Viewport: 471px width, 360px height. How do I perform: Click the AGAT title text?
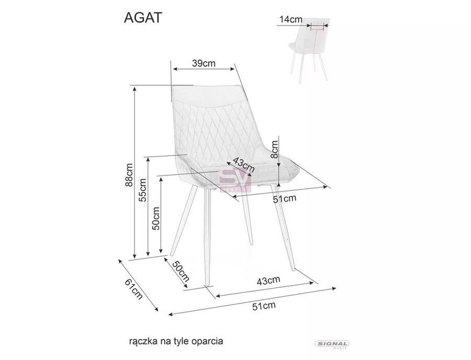143,18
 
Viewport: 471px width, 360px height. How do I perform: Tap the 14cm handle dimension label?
290,19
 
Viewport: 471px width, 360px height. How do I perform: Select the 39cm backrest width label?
204,63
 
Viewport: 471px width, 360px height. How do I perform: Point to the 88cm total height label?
129,175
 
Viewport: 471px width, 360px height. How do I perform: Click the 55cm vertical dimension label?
143,190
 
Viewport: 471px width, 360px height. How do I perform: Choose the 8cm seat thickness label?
274,150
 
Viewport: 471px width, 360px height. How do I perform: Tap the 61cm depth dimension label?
133,289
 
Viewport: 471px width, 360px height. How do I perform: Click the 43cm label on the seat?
243,165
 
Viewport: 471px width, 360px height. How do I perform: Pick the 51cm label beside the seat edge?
285,198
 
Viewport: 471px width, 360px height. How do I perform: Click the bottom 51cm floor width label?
264,306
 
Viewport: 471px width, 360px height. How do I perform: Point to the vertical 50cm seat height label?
156,218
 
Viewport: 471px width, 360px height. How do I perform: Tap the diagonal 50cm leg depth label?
181,272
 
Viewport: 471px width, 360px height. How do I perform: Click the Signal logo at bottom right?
332,344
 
